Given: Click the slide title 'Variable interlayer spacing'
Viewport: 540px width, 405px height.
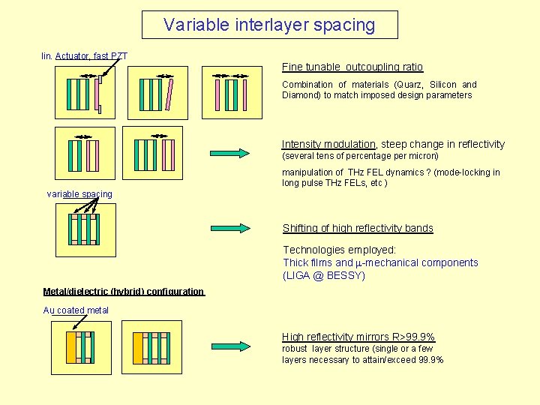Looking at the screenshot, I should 270,25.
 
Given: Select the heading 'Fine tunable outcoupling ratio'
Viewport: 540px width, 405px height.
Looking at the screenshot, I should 352,67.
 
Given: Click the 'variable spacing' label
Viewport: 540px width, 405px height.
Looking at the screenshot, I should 79,194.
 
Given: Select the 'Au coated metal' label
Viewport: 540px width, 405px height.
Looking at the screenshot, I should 76,310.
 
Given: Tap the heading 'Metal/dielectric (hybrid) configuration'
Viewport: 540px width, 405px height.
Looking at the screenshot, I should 123,291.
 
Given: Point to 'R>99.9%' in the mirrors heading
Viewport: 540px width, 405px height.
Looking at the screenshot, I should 411,337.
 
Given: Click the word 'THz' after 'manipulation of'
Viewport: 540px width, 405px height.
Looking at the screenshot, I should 358,172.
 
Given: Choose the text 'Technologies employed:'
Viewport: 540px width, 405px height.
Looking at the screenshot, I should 339,250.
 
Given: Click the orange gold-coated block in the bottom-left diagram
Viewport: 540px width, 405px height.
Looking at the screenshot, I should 71,348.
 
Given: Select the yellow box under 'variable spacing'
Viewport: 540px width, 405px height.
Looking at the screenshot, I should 86,230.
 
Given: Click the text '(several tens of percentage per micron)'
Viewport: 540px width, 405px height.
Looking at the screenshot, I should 360,156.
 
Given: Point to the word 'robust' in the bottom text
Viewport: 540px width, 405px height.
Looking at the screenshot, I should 295,349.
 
